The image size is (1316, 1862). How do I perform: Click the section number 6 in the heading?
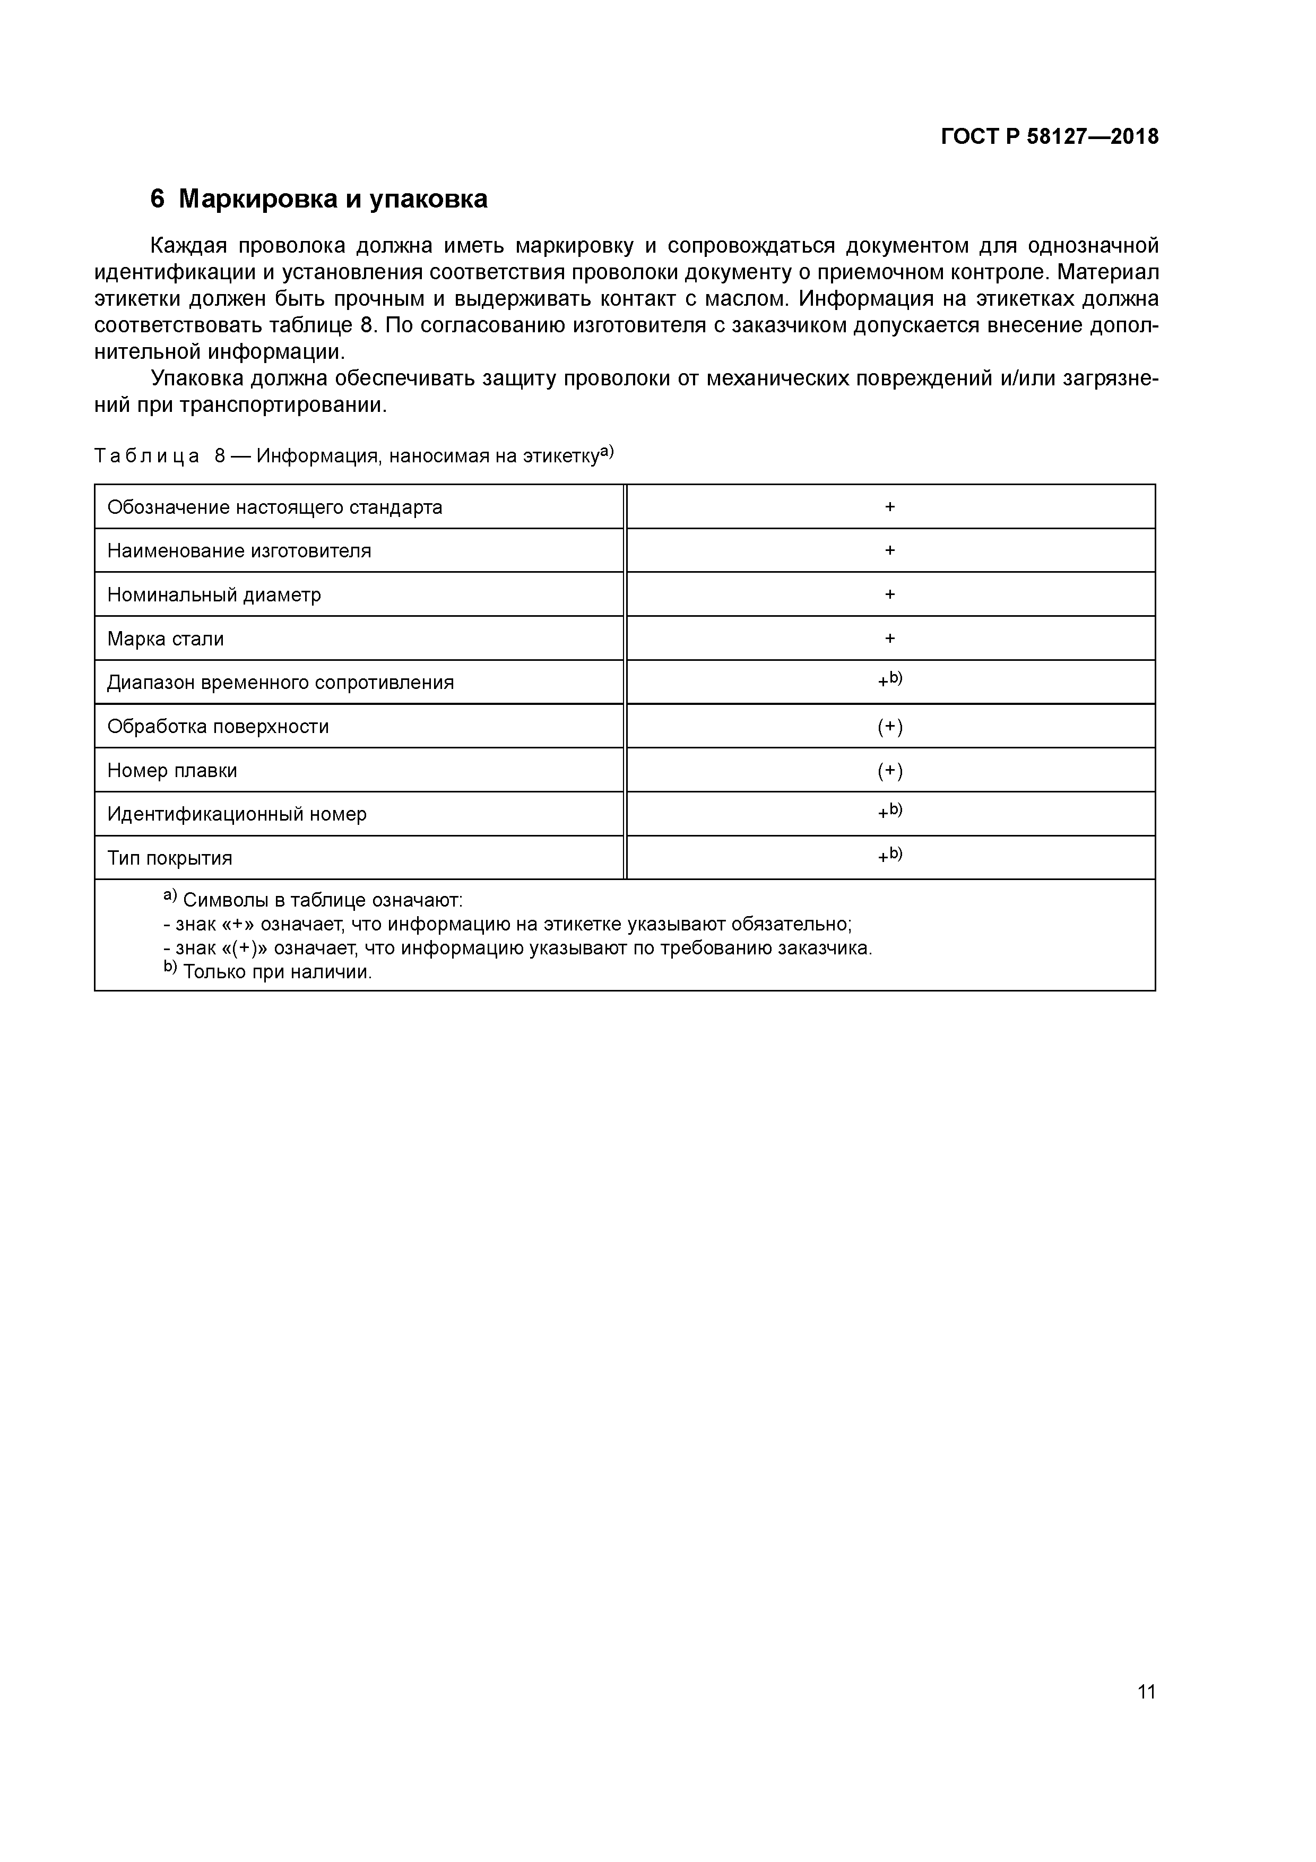pos(157,199)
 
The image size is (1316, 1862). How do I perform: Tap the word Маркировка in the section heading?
pos(258,199)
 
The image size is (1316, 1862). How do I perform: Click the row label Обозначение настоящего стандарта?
pos(275,507)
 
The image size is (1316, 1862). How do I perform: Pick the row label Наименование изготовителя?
pos(239,551)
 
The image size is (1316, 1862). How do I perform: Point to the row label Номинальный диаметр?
pos(214,595)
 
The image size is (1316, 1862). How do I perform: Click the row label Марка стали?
pos(166,639)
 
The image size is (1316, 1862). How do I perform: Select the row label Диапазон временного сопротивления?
pos(281,683)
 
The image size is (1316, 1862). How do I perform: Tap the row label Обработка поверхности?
pos(218,727)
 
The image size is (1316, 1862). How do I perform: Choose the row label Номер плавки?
pos(172,770)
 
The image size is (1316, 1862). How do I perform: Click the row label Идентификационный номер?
pos(237,814)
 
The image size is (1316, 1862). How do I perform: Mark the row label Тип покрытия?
pos(169,858)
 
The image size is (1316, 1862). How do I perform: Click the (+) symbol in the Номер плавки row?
pos(889,770)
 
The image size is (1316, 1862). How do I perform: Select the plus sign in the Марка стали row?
pos(889,639)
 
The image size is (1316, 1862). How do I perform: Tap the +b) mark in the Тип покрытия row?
pos(889,856)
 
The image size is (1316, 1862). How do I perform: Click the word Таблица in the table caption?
pos(147,456)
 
